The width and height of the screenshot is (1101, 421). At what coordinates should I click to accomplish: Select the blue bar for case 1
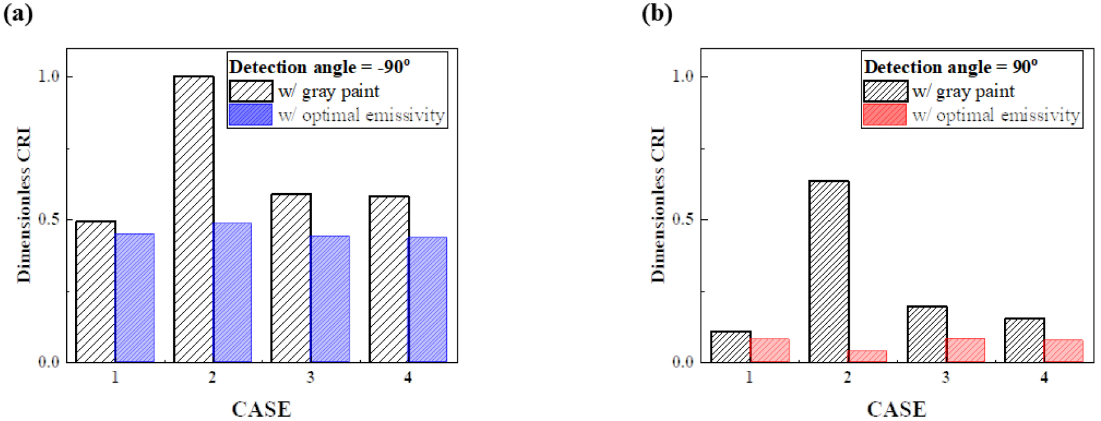135,298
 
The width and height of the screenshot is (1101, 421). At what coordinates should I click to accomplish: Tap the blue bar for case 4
428,300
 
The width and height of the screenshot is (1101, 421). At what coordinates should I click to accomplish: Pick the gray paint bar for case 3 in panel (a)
291,278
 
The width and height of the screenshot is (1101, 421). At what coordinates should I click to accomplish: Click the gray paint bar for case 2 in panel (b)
829,272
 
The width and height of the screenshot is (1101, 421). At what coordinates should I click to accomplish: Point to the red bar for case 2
867,356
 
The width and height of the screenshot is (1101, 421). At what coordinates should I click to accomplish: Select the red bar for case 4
1064,350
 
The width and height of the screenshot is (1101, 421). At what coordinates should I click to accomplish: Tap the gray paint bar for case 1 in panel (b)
731,347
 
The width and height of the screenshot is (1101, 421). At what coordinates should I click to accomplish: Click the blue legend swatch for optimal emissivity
251,115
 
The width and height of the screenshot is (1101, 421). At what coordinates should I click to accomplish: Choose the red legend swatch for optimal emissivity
884,115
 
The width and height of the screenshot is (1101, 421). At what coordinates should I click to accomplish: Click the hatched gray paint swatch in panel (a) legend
251,91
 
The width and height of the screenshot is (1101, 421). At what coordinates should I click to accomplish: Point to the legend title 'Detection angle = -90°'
319,67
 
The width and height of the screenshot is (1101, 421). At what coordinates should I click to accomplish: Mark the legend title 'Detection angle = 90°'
951,67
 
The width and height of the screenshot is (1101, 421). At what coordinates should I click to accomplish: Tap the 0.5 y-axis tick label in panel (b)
683,220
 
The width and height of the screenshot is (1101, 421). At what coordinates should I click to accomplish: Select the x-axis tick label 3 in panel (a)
310,377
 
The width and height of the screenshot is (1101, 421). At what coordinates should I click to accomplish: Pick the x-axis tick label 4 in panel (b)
1044,377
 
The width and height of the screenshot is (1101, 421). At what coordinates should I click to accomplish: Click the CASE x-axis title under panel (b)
896,409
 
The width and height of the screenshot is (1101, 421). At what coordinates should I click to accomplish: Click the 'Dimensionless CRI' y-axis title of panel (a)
24,205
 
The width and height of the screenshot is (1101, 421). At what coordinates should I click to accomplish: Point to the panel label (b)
657,14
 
